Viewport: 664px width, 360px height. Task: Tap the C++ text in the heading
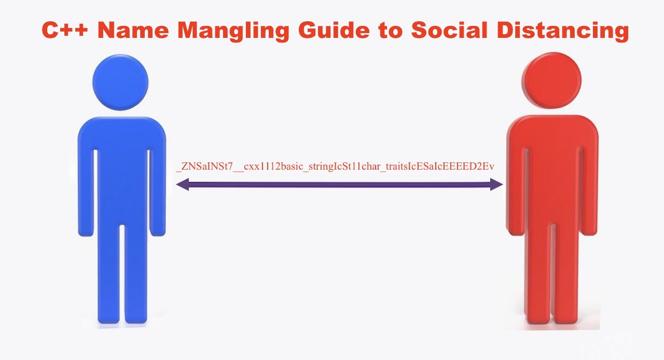[65, 30]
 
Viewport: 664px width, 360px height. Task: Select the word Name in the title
[133, 30]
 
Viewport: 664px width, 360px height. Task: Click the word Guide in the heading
[334, 30]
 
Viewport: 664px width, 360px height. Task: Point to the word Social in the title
[449, 30]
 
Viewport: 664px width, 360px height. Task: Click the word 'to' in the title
[391, 31]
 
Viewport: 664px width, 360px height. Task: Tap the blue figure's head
[120, 82]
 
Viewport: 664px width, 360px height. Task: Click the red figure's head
[551, 80]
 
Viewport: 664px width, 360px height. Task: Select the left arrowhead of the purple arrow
[183, 185]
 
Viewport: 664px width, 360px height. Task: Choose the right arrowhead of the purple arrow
[496, 185]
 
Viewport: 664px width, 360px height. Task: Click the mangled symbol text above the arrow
[335, 167]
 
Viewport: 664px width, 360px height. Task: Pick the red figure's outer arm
[589, 190]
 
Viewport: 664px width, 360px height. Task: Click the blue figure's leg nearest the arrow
[136, 273]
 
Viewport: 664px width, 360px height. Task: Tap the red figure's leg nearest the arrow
[537, 273]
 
